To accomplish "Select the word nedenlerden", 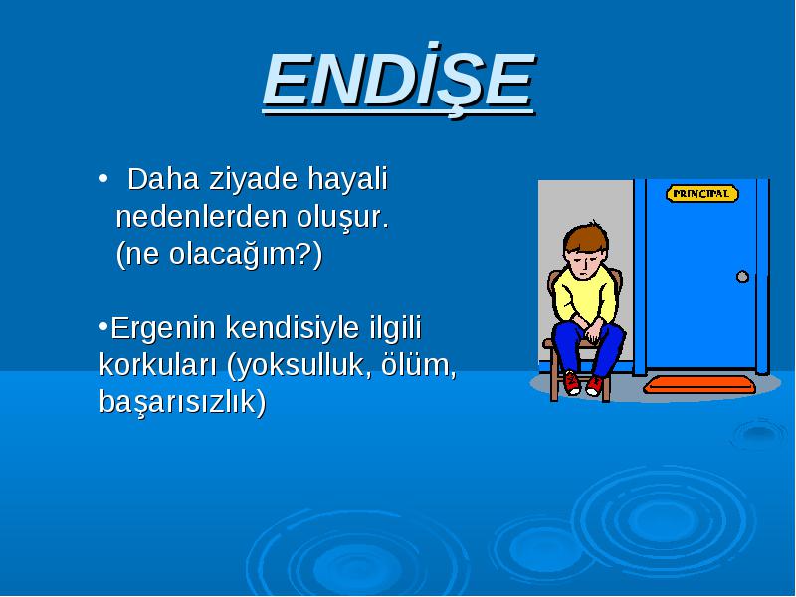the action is coord(202,217).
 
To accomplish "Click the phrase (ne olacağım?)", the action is coord(219,254).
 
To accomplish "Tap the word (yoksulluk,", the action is coord(297,365).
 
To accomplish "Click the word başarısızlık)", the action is coord(182,402).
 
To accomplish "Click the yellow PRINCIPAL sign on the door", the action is coord(702,193).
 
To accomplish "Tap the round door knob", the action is coord(742,277).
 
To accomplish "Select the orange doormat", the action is coord(699,385).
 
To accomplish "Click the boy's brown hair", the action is coord(586,237).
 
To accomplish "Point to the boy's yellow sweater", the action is coord(585,297).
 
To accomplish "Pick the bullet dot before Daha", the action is coord(103,179).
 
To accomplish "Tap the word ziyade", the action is coord(254,180).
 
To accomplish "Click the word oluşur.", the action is coord(342,218).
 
